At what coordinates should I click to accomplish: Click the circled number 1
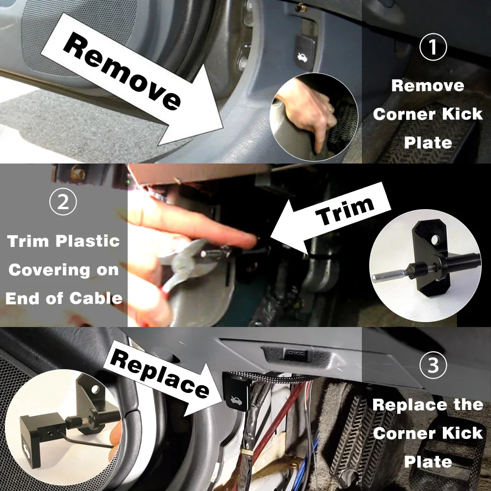click(x=433, y=47)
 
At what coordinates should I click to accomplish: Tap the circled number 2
click(x=63, y=201)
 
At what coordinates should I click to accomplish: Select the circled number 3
click(x=433, y=365)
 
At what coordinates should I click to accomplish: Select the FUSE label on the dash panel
click(x=295, y=354)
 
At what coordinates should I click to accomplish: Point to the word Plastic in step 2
click(x=88, y=241)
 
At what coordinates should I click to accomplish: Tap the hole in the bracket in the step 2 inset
click(x=435, y=240)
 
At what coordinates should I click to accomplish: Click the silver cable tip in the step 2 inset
click(x=388, y=277)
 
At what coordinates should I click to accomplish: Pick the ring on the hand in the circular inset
click(x=331, y=109)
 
